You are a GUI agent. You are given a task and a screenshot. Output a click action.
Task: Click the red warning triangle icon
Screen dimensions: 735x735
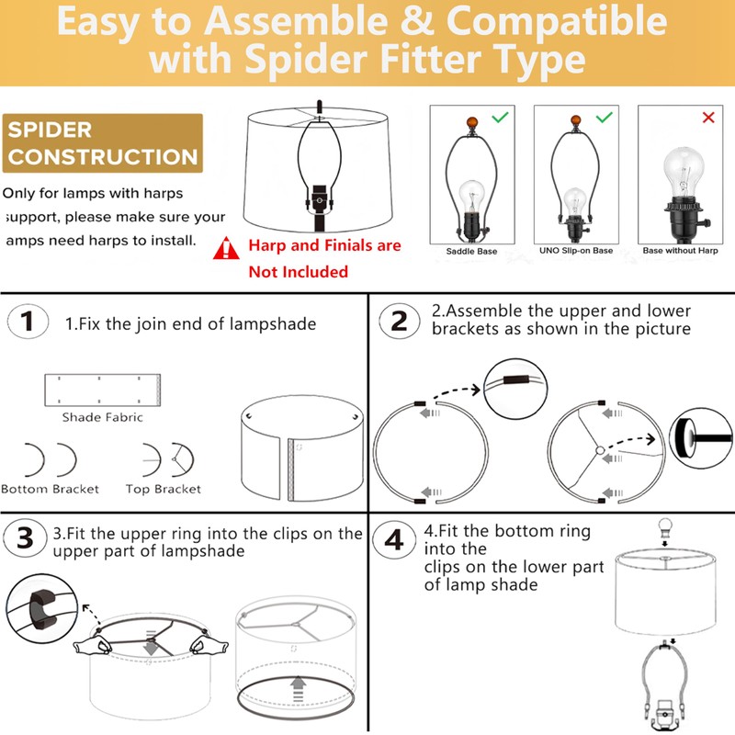coord(226,248)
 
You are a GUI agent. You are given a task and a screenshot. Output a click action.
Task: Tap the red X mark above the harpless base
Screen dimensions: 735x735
coord(708,118)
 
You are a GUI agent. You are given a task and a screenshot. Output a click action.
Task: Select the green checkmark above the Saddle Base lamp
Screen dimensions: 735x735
coord(500,118)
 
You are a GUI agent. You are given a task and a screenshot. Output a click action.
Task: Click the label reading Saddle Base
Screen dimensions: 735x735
coord(471,251)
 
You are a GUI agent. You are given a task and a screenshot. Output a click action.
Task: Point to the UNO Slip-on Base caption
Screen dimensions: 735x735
coord(576,250)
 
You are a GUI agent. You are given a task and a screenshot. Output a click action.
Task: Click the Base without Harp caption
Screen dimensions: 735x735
coord(680,250)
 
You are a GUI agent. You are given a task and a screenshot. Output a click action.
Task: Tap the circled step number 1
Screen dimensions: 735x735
coord(28,322)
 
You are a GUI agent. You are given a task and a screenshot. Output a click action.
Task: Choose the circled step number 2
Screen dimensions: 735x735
coord(400,321)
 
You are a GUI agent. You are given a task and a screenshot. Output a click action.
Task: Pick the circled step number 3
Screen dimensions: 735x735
coord(26,538)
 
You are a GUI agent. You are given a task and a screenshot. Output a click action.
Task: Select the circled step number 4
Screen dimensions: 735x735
coord(394,540)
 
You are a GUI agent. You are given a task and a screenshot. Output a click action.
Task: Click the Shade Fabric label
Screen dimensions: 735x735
coord(103,417)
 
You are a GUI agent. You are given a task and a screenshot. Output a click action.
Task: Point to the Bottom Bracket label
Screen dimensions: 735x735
coord(51,489)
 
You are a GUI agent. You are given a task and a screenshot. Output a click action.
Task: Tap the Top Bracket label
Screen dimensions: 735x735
coord(164,489)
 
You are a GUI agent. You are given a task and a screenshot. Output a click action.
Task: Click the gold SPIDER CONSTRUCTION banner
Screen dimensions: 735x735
coord(103,143)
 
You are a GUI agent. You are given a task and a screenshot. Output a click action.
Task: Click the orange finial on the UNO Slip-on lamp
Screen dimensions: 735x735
coord(576,121)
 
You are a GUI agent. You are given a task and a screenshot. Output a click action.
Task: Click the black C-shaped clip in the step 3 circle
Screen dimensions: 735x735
coord(41,610)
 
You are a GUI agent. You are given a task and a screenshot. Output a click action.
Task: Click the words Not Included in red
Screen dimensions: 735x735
coord(298,272)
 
